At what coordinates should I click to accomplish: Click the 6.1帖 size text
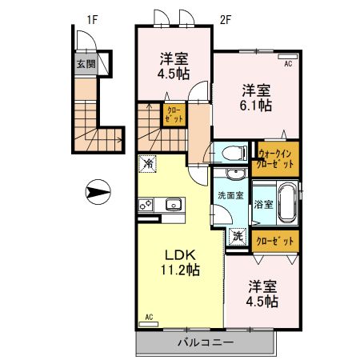[x=257, y=105]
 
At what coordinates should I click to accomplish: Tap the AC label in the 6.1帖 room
[x=288, y=61]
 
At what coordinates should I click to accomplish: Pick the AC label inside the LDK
[x=149, y=318]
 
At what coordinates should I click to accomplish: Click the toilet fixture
[x=231, y=152]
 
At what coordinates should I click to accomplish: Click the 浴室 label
[x=264, y=204]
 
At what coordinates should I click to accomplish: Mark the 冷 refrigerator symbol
[x=148, y=164]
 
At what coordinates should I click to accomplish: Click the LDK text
[x=179, y=254]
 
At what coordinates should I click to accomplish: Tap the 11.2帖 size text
[x=179, y=270]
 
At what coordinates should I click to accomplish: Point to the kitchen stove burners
[x=146, y=205]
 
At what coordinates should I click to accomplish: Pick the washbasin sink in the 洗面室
[x=234, y=177]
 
